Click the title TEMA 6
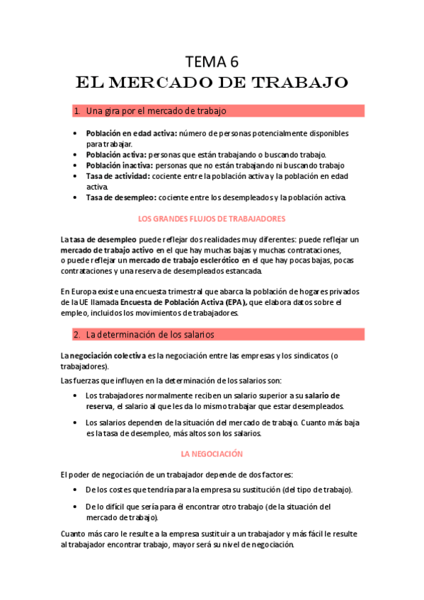pos(212,61)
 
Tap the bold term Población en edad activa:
pos(132,133)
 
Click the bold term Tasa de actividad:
pos(118,175)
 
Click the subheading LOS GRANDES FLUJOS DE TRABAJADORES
pos(212,219)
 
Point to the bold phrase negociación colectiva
pos(108,355)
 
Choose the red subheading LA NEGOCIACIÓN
pos(212,454)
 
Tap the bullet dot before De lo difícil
pos(76,507)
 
